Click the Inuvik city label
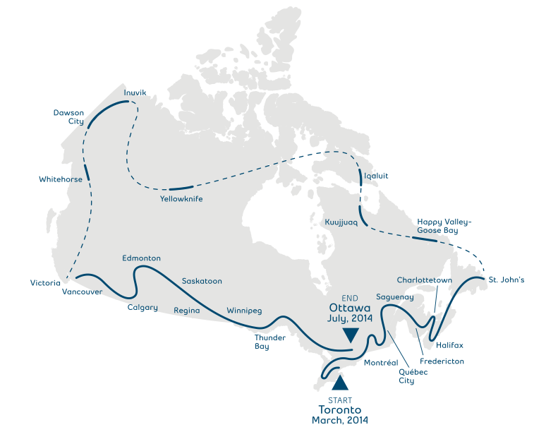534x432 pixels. click(134, 92)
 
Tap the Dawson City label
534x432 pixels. click(68, 116)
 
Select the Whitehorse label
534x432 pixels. click(61, 179)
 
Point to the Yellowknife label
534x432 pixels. click(181, 199)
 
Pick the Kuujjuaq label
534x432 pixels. click(341, 222)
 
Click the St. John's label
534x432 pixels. click(506, 280)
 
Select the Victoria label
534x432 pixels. click(45, 283)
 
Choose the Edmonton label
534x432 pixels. click(141, 258)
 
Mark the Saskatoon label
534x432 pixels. click(202, 281)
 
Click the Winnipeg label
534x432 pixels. click(244, 311)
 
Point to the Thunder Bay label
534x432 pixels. click(269, 342)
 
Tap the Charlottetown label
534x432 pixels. click(424, 280)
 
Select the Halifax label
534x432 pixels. click(449, 345)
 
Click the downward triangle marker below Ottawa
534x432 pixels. click(349, 335)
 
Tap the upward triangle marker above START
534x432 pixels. click(340, 383)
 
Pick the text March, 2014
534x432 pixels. click(339, 420)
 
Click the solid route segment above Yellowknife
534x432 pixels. click(181, 188)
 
